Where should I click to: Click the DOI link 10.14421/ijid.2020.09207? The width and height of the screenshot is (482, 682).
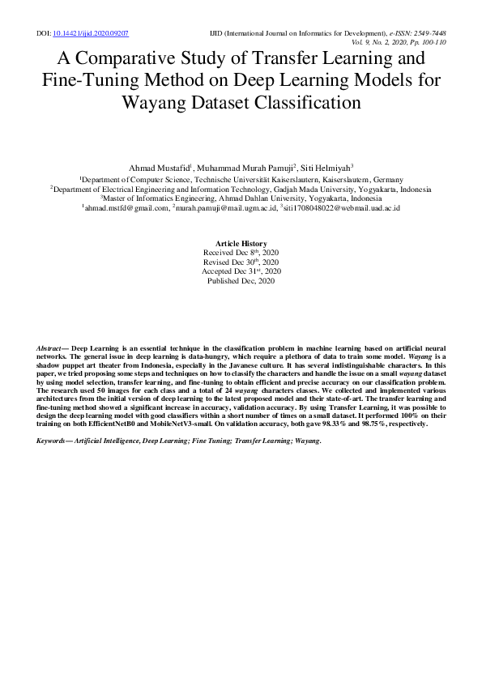tap(91, 33)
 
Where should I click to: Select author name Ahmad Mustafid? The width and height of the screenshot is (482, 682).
tap(158, 167)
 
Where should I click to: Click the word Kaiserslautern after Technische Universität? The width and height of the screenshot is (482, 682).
tap(290, 179)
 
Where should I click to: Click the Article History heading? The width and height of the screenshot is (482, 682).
tap(241, 244)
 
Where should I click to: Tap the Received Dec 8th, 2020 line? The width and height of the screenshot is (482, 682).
tap(241, 253)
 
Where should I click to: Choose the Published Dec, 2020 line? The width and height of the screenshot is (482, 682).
tap(241, 280)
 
